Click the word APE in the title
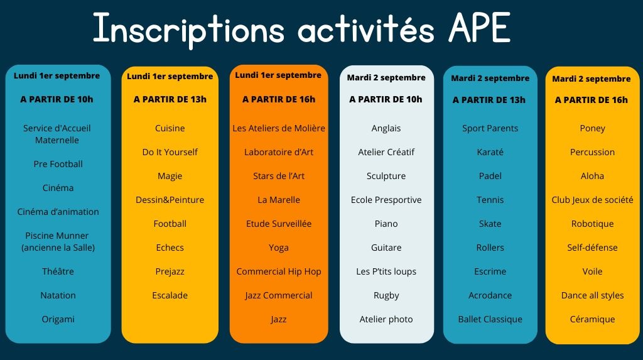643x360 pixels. coord(479,28)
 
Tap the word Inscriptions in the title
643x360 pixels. coord(188,30)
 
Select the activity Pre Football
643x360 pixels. coord(58,164)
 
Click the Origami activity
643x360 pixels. coord(58,319)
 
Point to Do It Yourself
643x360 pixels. coord(170,152)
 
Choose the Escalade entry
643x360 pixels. coord(170,295)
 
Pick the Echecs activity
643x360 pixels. coord(170,248)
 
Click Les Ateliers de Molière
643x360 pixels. coord(279,128)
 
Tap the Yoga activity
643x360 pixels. coord(279,248)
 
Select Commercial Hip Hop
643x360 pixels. coord(279,272)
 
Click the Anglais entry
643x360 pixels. coord(386,129)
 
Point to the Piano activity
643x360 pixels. coord(386,224)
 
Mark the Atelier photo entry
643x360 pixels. coord(386,319)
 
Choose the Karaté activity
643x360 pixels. coord(490,152)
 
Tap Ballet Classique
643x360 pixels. coord(490,319)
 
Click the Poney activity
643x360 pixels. coord(593,129)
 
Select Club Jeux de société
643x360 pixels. coord(593,200)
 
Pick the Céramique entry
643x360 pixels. coord(593,319)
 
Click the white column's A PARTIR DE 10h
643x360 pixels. coord(386,99)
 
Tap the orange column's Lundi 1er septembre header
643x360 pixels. coord(278,75)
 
